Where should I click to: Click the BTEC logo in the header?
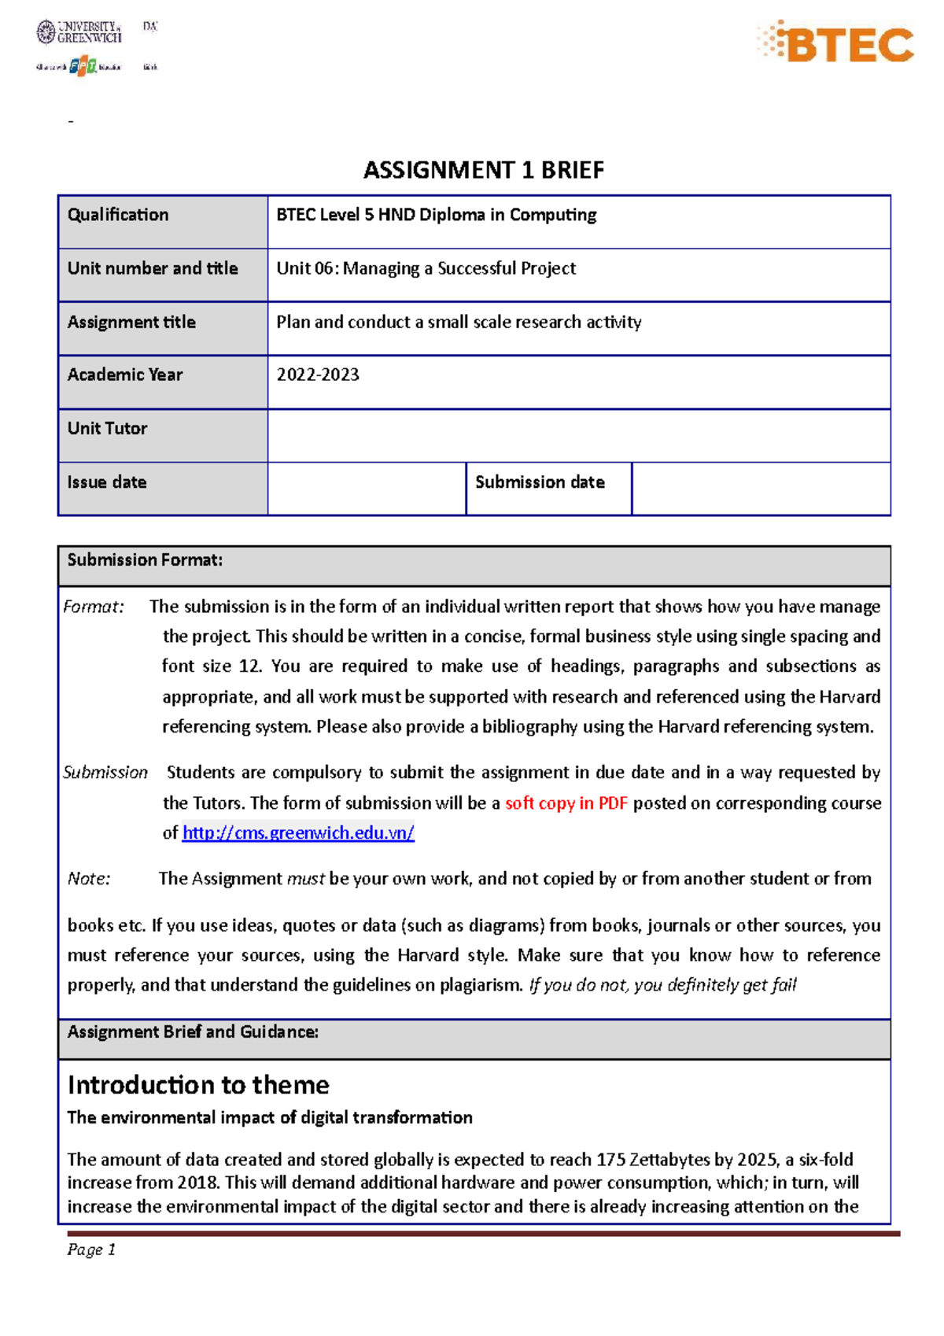tap(835, 43)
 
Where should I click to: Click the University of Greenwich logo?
tap(79, 32)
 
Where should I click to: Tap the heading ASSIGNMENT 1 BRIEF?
tap(483, 170)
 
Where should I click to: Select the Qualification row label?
tap(118, 215)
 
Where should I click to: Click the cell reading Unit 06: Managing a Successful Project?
tap(426, 268)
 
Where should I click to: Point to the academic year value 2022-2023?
tap(318, 375)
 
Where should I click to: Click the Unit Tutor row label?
tap(107, 429)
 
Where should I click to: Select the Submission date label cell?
tap(540, 482)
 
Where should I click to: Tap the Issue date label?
tap(107, 482)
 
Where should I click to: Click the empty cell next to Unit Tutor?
tap(578, 435)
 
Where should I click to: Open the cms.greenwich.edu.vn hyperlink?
tap(298, 832)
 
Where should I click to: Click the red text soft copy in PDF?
tap(566, 803)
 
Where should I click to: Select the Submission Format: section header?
tap(145, 560)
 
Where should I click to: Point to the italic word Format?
tap(94, 607)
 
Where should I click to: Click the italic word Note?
tap(89, 879)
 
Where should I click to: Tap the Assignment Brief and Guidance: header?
tap(193, 1032)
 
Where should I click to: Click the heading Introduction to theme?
tap(198, 1085)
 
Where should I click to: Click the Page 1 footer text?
tap(91, 1249)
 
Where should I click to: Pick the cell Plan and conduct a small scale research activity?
tap(459, 322)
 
